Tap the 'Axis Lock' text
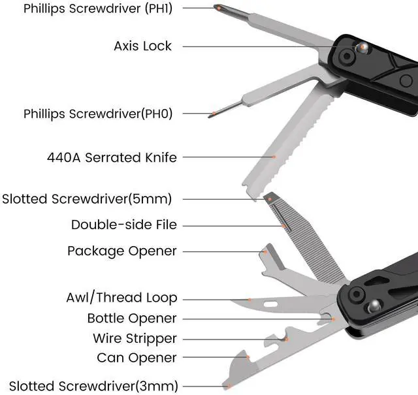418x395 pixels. click(x=142, y=46)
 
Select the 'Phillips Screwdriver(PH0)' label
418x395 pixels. click(x=98, y=113)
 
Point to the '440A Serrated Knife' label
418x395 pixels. click(x=112, y=157)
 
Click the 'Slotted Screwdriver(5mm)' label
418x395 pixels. click(x=91, y=198)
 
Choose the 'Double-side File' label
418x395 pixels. click(x=124, y=225)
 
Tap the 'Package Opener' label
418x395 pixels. click(x=122, y=251)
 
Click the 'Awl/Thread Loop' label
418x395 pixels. click(x=121, y=298)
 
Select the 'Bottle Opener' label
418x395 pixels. click(x=132, y=319)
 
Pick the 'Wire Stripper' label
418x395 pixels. click(x=135, y=338)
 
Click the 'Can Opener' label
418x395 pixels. click(x=137, y=358)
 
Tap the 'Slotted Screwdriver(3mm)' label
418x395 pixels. click(x=93, y=386)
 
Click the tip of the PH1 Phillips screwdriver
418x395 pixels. click(x=217, y=7)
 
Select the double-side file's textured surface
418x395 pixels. click(x=297, y=242)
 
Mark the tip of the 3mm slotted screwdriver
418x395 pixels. click(x=225, y=387)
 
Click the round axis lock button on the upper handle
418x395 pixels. click(x=361, y=48)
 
